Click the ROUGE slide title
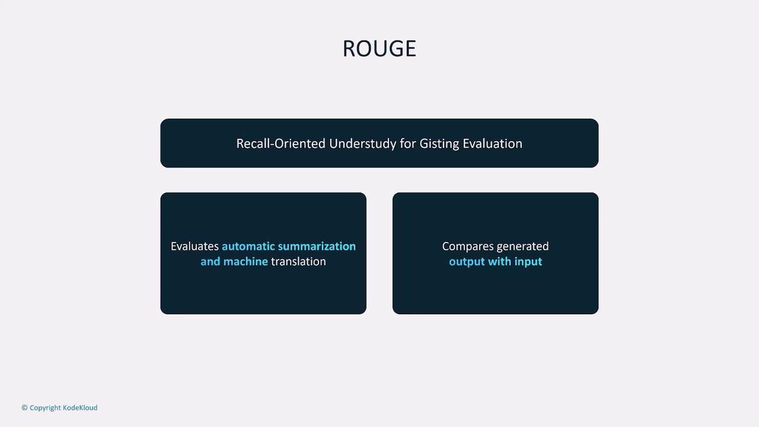379,49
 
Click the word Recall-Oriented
281,144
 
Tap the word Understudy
362,144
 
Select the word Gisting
439,144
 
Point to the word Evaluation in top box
492,144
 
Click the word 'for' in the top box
408,144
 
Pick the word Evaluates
195,246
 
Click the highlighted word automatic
248,246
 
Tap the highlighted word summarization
317,246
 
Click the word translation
298,262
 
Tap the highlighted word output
467,262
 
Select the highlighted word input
528,262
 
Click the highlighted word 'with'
499,262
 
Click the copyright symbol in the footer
24,407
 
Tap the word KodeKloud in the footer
80,407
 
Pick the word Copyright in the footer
45,408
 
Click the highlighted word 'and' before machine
210,262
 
